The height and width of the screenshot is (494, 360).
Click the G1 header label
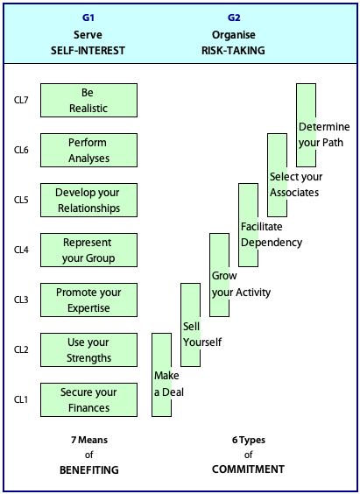88,18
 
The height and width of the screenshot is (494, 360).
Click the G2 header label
234,18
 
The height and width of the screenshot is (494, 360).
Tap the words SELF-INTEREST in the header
88,51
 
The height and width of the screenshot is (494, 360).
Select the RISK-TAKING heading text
233,51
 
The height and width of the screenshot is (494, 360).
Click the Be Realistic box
88,100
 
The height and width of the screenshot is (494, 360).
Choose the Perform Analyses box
88,150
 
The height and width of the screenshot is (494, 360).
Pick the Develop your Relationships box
88,200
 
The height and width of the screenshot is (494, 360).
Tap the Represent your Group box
88,250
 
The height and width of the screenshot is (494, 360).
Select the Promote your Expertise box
88,300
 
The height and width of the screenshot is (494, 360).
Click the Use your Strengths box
88,349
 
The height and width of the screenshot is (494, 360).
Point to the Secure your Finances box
88,399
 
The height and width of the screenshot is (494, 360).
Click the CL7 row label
21,101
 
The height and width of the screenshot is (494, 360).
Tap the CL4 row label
21,251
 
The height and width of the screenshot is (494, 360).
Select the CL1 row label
21,399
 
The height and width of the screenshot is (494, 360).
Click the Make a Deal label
168,384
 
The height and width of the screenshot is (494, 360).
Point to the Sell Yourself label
202,335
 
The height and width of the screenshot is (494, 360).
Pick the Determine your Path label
324,135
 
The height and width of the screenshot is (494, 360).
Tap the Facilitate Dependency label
272,235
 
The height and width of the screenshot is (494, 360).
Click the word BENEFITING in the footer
89,470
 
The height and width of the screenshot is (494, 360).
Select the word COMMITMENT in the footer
248,469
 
